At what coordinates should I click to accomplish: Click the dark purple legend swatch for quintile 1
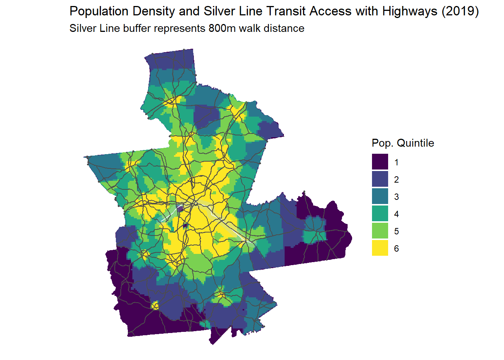pyautogui.click(x=380, y=162)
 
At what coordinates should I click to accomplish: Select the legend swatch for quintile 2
pyautogui.click(x=380, y=179)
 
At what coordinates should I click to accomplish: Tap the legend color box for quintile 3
pyautogui.click(x=380, y=196)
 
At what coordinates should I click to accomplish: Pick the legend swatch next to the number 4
pyautogui.click(x=380, y=214)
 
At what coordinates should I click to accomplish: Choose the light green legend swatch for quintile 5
pyautogui.click(x=380, y=231)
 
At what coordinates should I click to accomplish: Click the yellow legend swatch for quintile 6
pyautogui.click(x=380, y=248)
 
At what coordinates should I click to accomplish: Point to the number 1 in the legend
pyautogui.click(x=396, y=162)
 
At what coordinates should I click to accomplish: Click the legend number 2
pyautogui.click(x=396, y=180)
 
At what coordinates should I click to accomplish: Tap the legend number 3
pyautogui.click(x=396, y=197)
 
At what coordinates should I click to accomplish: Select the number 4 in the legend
pyautogui.click(x=396, y=214)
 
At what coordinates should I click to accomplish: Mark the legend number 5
pyautogui.click(x=396, y=231)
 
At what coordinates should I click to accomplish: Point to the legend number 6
pyautogui.click(x=396, y=249)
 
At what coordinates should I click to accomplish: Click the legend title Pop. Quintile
pyautogui.click(x=403, y=143)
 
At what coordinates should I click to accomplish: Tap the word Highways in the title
pyautogui.click(x=409, y=12)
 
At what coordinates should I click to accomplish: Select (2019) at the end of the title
pyautogui.click(x=460, y=12)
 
